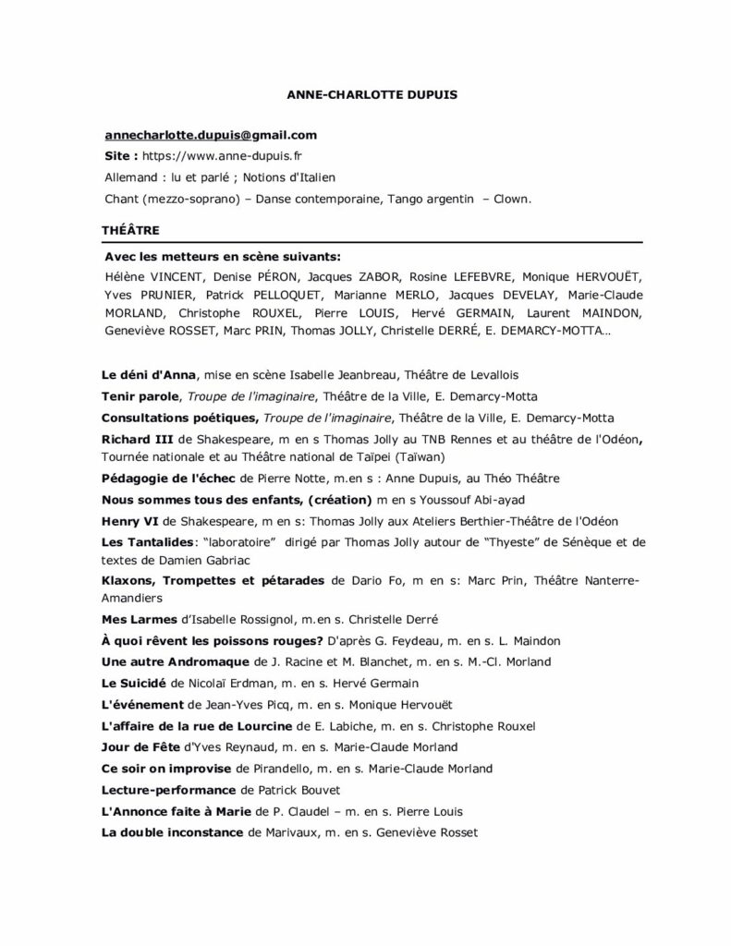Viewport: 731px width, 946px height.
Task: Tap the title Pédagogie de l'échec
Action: tap(168, 478)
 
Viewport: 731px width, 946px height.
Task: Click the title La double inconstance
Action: tap(173, 832)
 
